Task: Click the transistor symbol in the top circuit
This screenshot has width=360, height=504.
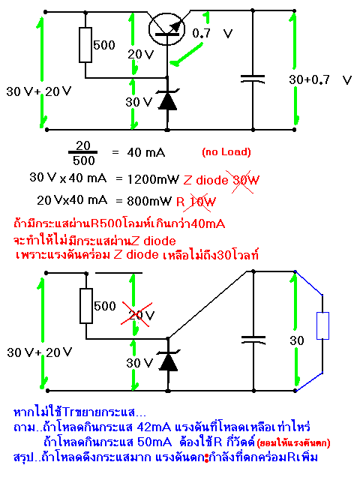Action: pos(166,29)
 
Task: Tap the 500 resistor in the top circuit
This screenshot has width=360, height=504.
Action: pos(85,45)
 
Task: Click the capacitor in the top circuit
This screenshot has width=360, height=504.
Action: pos(253,79)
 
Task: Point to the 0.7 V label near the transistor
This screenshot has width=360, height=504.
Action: pos(212,33)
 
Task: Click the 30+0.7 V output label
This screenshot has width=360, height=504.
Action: pos(320,79)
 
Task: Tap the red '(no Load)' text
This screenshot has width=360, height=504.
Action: pos(226,151)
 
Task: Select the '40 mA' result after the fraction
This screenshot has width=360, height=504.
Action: pos(146,152)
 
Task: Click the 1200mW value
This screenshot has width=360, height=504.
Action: pos(153,179)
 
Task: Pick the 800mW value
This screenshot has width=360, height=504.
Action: pos(149,201)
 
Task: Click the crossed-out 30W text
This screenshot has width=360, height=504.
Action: pos(245,180)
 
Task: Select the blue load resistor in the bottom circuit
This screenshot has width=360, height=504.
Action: pos(322,326)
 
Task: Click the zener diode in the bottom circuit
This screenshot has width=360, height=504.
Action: pos(168,361)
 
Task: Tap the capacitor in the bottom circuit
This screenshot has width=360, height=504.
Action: pos(253,340)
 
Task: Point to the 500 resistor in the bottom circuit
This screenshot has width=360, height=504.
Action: pos(86,306)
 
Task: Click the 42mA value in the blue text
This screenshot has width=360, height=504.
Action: pos(154,427)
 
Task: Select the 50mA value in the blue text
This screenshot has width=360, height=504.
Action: pos(154,442)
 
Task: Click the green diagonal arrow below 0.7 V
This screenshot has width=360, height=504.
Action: pos(186,54)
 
